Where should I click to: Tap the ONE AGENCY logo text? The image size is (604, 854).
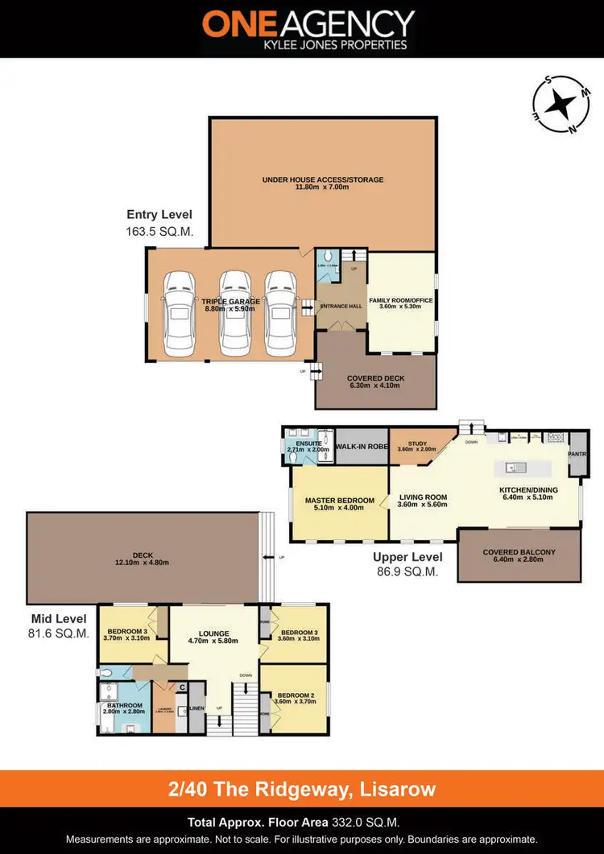(308, 24)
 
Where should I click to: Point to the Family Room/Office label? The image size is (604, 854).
(401, 304)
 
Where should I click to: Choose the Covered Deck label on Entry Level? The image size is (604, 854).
(375, 382)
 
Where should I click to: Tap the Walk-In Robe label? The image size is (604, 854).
(362, 446)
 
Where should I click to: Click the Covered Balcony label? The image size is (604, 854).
(519, 555)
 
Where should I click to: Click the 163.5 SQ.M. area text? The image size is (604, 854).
(159, 230)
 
